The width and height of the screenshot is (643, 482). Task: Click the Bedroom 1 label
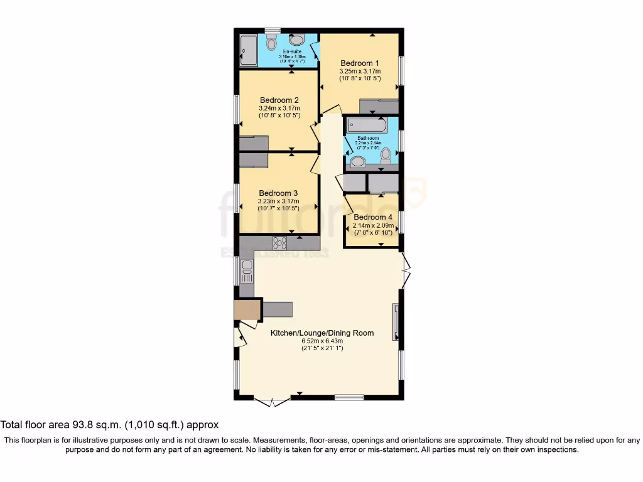pos(360,63)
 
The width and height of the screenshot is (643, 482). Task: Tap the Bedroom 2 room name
pos(279,100)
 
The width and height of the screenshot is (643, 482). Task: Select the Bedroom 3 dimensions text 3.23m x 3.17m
pos(278,201)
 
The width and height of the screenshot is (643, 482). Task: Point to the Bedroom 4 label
pos(373,217)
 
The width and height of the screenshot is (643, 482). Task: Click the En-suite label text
pos(292,51)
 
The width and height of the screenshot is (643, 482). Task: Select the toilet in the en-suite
pos(271,42)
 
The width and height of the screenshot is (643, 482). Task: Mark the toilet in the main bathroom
pos(386,154)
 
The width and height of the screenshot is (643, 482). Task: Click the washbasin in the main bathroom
pos(358,163)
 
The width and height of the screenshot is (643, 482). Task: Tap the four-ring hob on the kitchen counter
pos(280,243)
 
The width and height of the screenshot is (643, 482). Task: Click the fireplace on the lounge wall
pos(396,321)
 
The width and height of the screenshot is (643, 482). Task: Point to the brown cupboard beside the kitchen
pos(246,310)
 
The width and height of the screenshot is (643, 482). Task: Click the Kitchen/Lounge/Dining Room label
pos(322,333)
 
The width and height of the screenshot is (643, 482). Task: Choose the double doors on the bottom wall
pos(272,401)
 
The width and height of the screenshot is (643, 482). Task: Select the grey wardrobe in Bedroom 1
pos(379,106)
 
